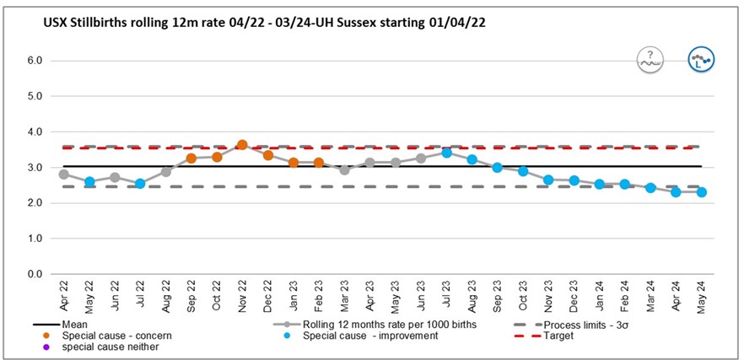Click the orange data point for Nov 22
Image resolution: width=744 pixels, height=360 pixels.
pos(242,145)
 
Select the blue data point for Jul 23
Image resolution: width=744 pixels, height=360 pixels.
pos(447,153)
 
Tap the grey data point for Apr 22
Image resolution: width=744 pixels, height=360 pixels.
pos(64,175)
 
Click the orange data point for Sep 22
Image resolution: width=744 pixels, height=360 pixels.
pos(191,159)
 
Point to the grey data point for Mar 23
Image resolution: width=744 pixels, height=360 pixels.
pos(344,169)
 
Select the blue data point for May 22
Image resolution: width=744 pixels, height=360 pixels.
pos(89,182)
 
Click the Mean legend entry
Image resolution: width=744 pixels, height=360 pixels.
pos(76,324)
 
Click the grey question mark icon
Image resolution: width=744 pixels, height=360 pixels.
pos(650,60)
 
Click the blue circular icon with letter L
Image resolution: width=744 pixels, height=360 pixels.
pos(700,60)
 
